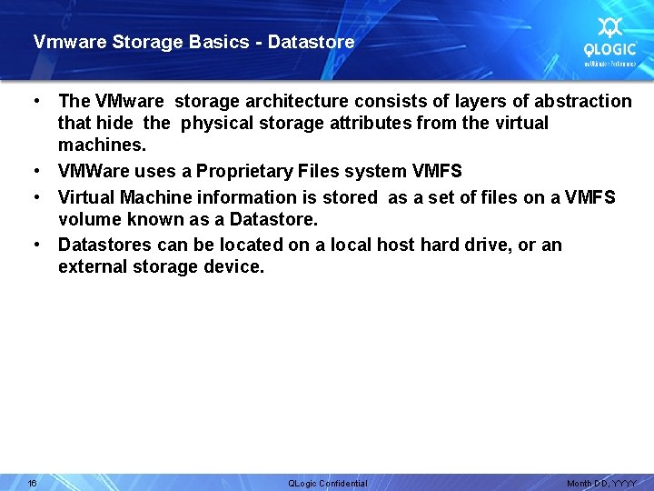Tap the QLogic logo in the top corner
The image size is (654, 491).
tap(609, 41)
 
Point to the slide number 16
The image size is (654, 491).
tap(32, 483)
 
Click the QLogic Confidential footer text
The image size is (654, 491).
tap(327, 483)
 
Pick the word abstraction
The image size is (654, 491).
tap(577, 101)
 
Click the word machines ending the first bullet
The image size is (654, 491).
tap(100, 145)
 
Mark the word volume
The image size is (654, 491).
tap(87, 219)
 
